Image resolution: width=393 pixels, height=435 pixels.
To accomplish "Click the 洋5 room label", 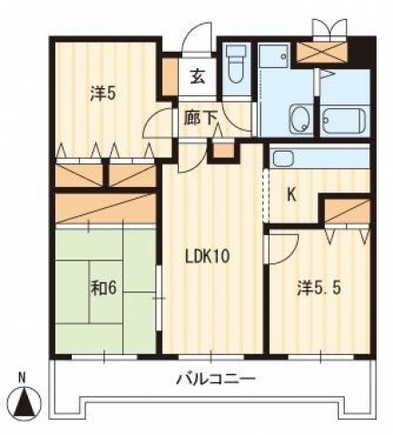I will click(x=102, y=92).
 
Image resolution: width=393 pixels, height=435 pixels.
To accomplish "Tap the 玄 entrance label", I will click(x=197, y=76).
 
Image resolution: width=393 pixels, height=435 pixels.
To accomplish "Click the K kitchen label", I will click(x=292, y=194).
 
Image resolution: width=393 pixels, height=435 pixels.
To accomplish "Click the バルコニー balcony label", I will click(x=215, y=379).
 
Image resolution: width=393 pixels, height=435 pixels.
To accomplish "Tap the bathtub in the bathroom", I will click(x=343, y=120).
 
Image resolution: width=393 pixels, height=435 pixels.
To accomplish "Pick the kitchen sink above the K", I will click(x=283, y=160).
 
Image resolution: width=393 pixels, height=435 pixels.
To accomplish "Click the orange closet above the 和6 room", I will click(x=103, y=207).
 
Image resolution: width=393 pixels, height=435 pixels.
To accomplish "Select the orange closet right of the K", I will click(x=347, y=213).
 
